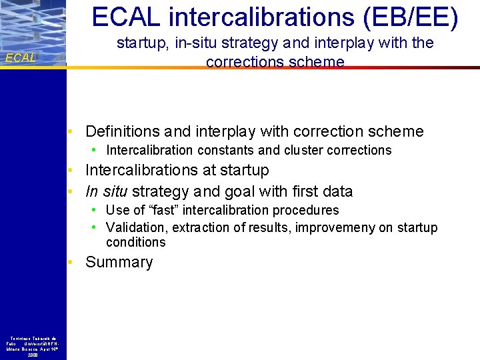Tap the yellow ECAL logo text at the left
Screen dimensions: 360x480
21,58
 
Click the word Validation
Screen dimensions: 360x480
137,227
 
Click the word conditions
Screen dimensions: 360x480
135,242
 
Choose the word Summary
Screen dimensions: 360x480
119,262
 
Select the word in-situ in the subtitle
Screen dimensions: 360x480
198,43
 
